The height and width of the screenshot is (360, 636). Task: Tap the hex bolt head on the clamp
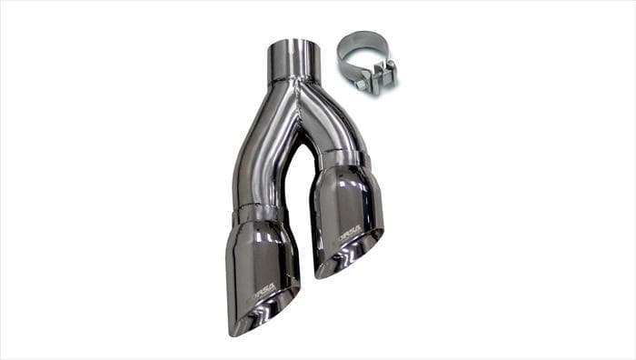coord(361,84)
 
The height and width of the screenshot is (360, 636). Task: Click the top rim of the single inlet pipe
coord(293,43)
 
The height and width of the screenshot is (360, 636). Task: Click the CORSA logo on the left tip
coord(264,291)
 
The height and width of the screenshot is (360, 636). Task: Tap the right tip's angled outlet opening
coord(354,255)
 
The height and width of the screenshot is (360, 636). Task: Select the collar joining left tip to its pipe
coord(258,215)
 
